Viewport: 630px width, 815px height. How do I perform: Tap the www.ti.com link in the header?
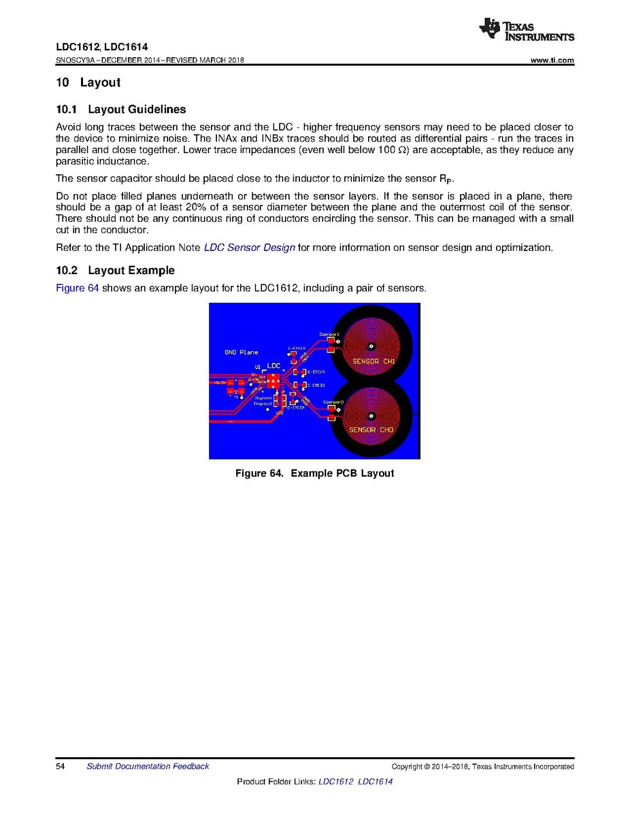(x=552, y=61)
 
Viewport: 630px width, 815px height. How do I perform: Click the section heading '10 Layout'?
(x=88, y=83)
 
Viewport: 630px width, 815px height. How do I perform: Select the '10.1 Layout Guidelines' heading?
(x=120, y=110)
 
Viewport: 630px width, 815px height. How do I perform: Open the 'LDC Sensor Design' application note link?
(x=249, y=248)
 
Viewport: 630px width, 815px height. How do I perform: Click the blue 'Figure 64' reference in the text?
(x=77, y=288)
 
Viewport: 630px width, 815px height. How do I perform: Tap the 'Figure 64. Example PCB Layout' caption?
(x=314, y=473)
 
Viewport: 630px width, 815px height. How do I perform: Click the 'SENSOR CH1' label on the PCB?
(x=374, y=361)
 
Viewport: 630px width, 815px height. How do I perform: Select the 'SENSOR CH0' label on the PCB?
(x=371, y=430)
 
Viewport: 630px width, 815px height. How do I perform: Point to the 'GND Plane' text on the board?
(x=242, y=352)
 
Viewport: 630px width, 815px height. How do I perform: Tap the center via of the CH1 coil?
(x=371, y=344)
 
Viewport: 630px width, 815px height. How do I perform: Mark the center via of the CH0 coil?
(x=371, y=416)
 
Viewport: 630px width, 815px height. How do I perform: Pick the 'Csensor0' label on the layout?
(x=333, y=402)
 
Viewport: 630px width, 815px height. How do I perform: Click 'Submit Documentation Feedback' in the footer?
(x=148, y=767)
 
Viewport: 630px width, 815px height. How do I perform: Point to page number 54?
(x=60, y=767)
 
